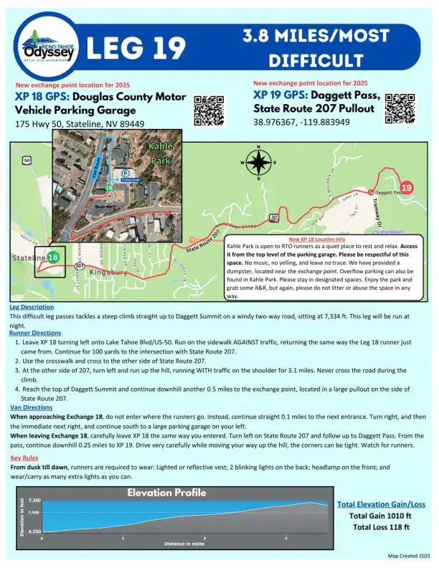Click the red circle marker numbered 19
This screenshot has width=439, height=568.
(x=407, y=188)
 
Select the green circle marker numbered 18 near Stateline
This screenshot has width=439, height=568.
(x=54, y=256)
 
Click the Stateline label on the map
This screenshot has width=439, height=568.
(x=28, y=257)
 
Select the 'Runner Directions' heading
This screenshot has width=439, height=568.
(x=35, y=333)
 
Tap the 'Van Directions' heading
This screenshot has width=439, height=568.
(x=32, y=407)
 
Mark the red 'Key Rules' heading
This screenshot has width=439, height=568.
(x=25, y=457)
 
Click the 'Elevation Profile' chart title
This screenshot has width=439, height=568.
(x=166, y=493)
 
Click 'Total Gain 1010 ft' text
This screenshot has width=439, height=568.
(x=379, y=516)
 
